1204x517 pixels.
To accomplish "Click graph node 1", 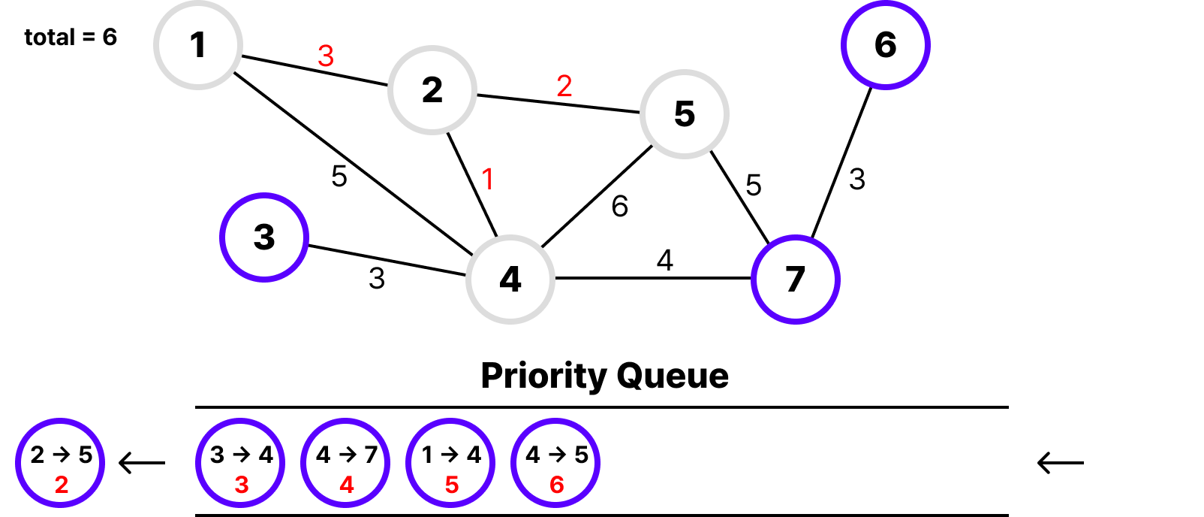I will [198, 45].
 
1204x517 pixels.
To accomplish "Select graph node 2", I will [432, 90].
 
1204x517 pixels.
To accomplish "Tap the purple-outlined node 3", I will [264, 237].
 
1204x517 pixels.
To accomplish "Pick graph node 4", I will [510, 280].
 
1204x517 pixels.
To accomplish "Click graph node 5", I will [685, 114].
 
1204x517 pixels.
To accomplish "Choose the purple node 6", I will [886, 45].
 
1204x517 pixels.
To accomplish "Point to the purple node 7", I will [796, 280].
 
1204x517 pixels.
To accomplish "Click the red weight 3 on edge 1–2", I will [326, 56].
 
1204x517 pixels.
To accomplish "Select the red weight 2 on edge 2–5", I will [564, 86].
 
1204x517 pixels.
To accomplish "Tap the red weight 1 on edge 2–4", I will [488, 179].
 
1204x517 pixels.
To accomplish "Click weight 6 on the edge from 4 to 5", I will [620, 206].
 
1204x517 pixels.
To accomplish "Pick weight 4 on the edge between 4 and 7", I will [665, 260].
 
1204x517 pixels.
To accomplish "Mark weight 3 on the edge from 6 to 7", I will [857, 179].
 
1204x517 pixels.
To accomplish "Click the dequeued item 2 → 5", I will [60, 463].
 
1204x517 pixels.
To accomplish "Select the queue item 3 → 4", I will [240, 463].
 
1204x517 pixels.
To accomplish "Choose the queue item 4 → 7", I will [345, 463].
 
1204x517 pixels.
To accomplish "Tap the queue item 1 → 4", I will [450, 463].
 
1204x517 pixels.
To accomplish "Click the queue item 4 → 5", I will [555, 463].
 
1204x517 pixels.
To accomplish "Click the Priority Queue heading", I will [604, 376].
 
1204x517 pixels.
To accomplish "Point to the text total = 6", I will [71, 37].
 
